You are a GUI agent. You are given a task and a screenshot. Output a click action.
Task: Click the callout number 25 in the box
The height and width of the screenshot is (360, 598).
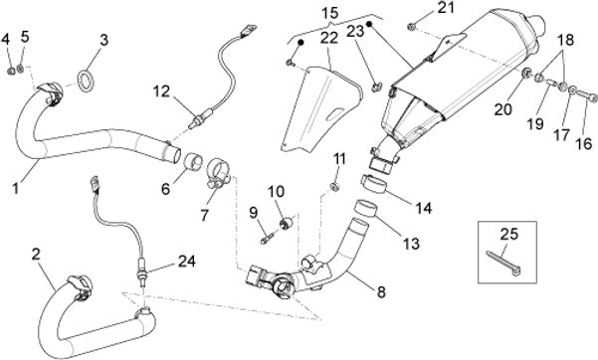coord(509,234)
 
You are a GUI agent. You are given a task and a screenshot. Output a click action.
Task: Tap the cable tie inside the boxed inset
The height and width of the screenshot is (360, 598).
coord(503,263)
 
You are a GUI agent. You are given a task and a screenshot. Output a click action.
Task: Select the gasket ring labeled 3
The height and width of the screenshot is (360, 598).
coord(87,81)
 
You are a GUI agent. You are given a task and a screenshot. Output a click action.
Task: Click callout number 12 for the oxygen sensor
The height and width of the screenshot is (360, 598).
coord(163,91)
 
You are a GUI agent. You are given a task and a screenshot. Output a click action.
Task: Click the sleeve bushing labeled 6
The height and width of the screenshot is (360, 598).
coord(193,163)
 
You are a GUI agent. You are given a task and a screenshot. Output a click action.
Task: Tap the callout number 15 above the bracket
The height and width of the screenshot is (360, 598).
coord(330,13)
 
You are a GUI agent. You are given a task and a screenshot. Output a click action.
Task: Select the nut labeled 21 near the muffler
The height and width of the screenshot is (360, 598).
coord(411,27)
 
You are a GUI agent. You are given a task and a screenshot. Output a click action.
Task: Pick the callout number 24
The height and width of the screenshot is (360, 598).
coord(187,262)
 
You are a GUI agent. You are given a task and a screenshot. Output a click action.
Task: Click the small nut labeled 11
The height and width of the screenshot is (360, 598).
coord(334,187)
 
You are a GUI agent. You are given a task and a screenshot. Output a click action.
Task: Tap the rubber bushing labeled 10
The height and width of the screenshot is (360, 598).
coord(287,223)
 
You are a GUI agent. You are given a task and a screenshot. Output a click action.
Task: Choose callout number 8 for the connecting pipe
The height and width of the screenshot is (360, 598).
coord(381,293)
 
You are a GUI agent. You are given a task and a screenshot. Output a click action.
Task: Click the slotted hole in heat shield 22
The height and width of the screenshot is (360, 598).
coord(334,113)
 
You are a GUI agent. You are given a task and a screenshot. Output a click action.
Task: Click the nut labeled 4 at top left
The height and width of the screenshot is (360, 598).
coord(11,71)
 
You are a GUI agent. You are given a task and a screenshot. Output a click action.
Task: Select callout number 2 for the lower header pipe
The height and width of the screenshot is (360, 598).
coord(36,254)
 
